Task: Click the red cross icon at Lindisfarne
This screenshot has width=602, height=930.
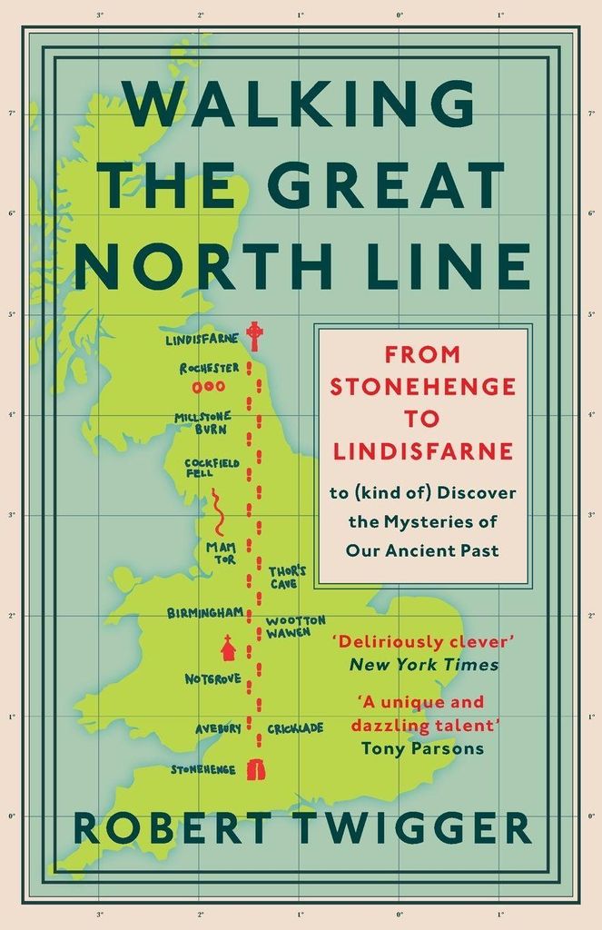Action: point(257,335)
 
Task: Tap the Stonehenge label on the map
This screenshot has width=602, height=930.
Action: point(203,770)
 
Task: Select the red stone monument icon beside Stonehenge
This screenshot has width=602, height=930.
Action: point(256,770)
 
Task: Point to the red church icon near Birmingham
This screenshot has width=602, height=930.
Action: point(227,648)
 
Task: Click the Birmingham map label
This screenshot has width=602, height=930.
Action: point(205,613)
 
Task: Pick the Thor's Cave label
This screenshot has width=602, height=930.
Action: point(287,578)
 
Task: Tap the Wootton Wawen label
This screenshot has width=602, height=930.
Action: point(294,627)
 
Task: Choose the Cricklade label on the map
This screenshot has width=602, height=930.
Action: point(295,728)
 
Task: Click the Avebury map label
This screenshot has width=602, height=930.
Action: point(218,728)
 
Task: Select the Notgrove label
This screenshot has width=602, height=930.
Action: point(212,678)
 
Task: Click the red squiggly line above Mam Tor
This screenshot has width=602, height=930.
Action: point(219,513)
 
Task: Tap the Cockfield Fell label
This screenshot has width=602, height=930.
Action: point(212,468)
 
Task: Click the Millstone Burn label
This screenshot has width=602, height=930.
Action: point(202,422)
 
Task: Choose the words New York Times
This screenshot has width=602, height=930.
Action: point(423,664)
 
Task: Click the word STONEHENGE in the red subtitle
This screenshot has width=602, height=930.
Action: point(422,386)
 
